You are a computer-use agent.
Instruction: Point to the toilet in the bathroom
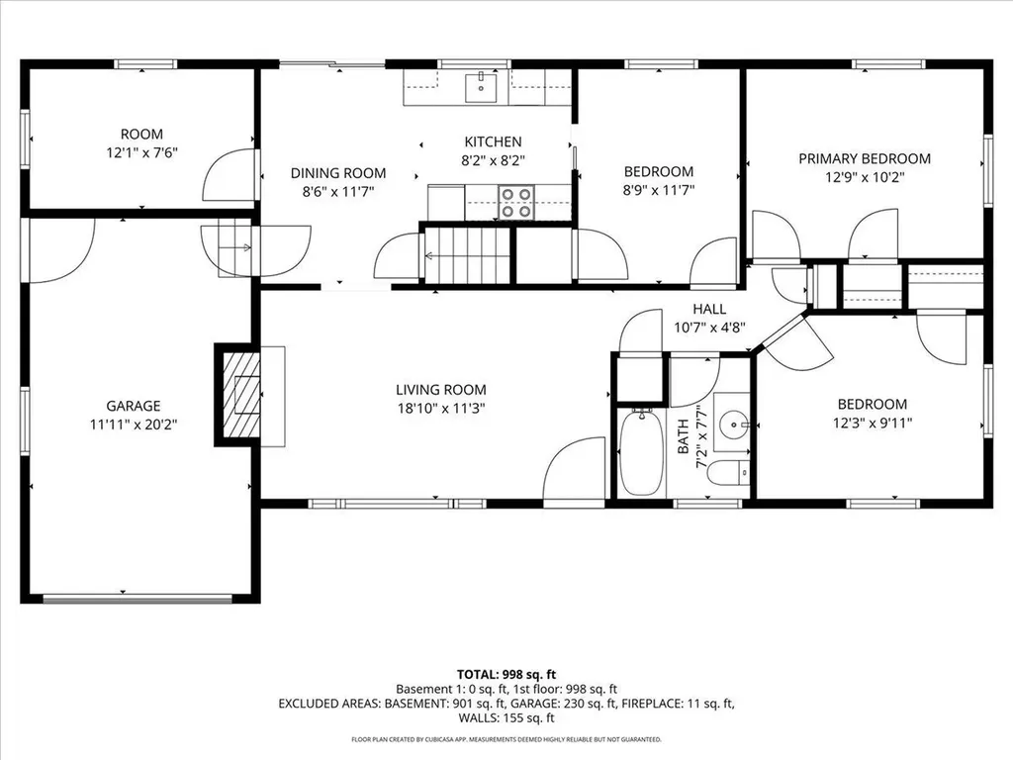pos(729,474)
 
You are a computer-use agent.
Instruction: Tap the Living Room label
pos(441,390)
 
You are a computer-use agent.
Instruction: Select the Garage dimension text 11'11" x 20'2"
pos(134,424)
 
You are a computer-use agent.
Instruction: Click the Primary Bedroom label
pos(865,158)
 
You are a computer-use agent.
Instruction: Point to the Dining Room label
pos(337,173)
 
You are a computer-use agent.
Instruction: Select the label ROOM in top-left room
pos(141,134)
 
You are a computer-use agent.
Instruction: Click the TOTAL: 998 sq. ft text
pos(506,673)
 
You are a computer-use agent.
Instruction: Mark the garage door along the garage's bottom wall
pos(138,598)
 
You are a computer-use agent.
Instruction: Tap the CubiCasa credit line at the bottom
pos(506,739)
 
